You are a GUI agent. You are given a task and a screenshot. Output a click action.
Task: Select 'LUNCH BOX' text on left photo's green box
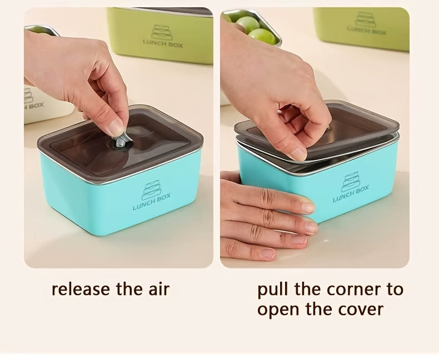[x=162, y=42]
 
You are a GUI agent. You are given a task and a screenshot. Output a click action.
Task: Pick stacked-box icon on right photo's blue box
[x=350, y=181]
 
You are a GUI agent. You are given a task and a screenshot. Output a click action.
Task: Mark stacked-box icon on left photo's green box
[x=161, y=32]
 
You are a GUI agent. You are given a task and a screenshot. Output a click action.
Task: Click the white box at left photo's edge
[x=42, y=106]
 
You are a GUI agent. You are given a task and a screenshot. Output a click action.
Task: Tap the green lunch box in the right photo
[x=361, y=28]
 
